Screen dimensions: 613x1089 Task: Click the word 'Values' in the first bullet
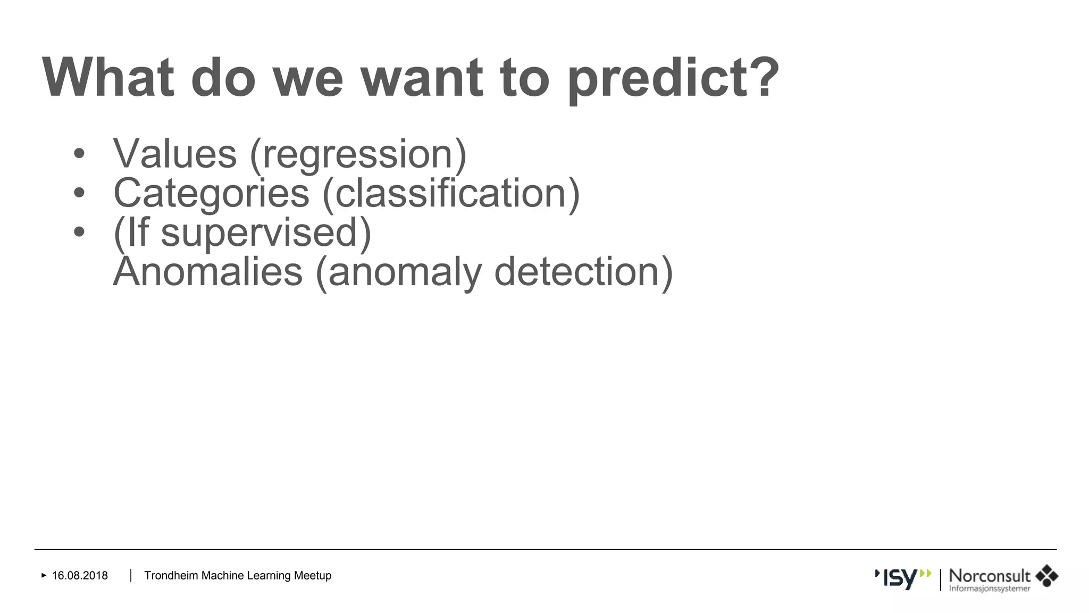coord(175,154)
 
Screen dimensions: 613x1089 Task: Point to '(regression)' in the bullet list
coord(358,155)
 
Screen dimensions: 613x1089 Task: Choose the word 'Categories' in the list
coord(211,193)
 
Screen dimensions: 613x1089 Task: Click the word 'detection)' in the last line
coord(583,272)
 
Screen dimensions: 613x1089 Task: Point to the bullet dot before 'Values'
coord(79,154)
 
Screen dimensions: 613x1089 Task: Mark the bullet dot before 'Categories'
coord(79,193)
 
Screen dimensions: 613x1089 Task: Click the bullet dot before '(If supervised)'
coord(79,232)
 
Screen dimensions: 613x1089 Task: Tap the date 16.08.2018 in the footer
coord(80,576)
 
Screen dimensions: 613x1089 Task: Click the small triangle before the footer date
coord(44,575)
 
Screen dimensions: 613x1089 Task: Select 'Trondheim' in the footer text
coord(171,576)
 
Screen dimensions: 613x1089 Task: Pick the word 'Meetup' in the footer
coord(313,576)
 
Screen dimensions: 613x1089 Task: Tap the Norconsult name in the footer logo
coord(990,576)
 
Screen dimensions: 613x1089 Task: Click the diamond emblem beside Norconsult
coord(1046,576)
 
